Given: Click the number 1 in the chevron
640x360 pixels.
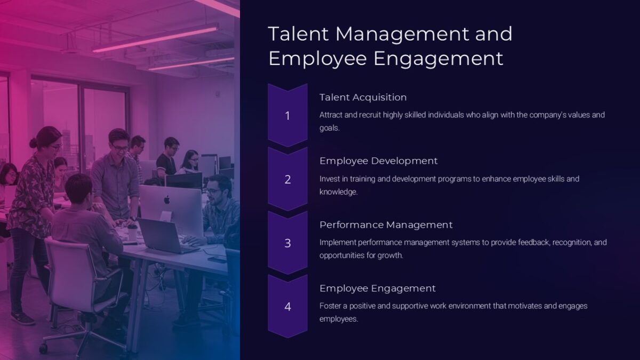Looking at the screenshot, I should click(287, 116).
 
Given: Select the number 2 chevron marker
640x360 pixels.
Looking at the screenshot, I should click(287, 180).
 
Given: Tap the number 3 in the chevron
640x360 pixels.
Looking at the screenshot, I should click(287, 243).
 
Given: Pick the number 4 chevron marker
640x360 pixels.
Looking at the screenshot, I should click(287, 307).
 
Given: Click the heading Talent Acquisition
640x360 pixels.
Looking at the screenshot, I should click(363, 97).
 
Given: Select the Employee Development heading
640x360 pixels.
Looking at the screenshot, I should click(378, 161).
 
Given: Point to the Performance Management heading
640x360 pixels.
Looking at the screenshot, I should click(386, 225).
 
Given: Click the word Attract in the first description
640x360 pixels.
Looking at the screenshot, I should click(331, 115).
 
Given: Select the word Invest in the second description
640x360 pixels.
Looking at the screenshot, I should click(329, 179).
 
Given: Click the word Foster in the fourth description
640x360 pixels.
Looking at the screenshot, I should click(331, 306).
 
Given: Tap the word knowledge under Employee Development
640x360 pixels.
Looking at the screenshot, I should click(338, 192).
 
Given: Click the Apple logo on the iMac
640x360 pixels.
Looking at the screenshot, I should click(166, 200).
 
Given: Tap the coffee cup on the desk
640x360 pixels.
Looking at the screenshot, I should click(132, 232).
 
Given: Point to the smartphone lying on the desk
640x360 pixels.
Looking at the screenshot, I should click(217, 260).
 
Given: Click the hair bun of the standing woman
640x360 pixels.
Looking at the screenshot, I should click(34, 143).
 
